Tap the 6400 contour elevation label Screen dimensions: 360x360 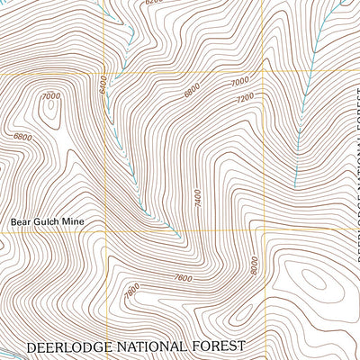(103, 85)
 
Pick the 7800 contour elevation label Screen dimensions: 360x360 (131, 290)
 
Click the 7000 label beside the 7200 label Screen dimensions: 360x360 (238, 82)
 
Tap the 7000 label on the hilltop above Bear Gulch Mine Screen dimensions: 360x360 (49, 96)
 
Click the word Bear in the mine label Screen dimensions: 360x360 (21, 219)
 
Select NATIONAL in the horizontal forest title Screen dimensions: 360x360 (154, 346)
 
